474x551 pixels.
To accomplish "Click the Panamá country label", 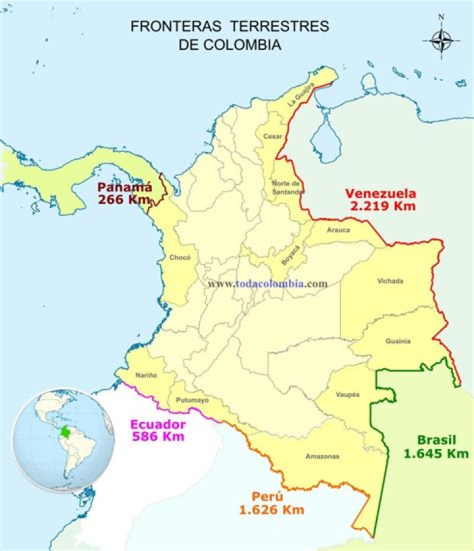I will tap(125, 186).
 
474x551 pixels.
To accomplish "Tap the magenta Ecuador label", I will tap(157, 424).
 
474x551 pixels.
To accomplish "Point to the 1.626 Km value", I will tap(271, 509).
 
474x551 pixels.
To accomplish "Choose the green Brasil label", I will tap(436, 440).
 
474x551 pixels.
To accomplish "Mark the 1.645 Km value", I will tap(436, 453).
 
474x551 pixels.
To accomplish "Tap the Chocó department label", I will tap(180, 257).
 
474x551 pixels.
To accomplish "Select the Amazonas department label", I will tap(322, 456).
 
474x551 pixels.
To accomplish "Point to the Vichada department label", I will tap(390, 281).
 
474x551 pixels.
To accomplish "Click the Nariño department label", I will tap(146, 375).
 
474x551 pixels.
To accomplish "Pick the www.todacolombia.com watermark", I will tap(267, 284).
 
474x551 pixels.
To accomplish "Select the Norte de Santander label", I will tap(288, 188).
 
